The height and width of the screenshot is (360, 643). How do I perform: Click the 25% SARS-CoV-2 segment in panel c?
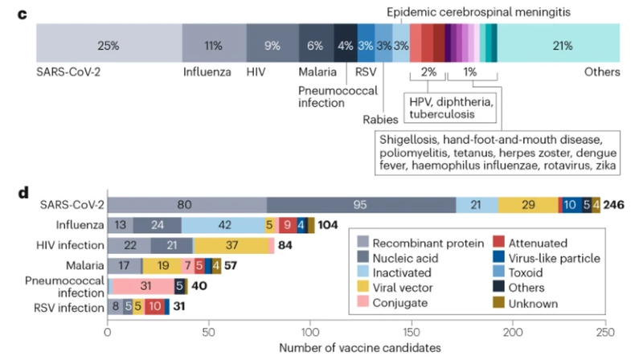(x=109, y=45)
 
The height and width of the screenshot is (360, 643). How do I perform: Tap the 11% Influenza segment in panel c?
(x=213, y=45)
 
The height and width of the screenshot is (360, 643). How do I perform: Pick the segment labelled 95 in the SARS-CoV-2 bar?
(x=361, y=206)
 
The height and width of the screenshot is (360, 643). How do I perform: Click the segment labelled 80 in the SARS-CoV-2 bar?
(x=186, y=206)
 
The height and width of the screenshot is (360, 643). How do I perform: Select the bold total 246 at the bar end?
(x=613, y=206)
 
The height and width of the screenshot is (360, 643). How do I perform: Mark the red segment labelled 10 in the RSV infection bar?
(x=155, y=307)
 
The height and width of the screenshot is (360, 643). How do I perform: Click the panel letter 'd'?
(x=25, y=194)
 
